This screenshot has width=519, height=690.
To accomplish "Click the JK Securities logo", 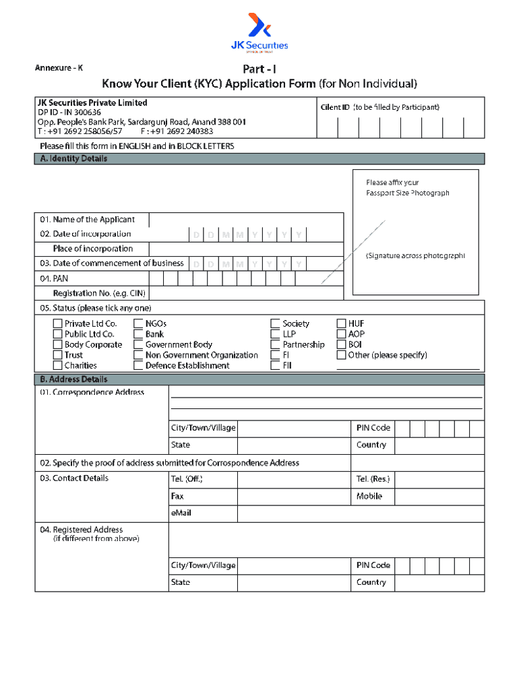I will pos(259,32).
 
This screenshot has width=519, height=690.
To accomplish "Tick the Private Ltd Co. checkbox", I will pos(58,323).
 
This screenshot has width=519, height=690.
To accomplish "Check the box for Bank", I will pos(138,334).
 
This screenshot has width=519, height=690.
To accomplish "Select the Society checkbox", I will pos(276,323).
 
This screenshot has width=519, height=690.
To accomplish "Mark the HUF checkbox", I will pos(341,323).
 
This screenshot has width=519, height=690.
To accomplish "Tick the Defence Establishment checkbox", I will pos(138,366).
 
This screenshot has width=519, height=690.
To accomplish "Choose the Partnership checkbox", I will pos(276,345).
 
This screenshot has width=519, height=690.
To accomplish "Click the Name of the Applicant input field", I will pos(245,220).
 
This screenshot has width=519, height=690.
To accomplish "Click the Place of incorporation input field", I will pos(245,249).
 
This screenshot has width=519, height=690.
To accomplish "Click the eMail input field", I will pos(361,513).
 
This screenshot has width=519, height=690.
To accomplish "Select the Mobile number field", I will pos(439,497).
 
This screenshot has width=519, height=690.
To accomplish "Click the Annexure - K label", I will pos(59,68).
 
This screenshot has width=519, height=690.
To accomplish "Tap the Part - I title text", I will pos(259,69).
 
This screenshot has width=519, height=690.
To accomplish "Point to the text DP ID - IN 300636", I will pos(69,113).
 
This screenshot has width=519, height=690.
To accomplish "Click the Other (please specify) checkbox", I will pos(341,355).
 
